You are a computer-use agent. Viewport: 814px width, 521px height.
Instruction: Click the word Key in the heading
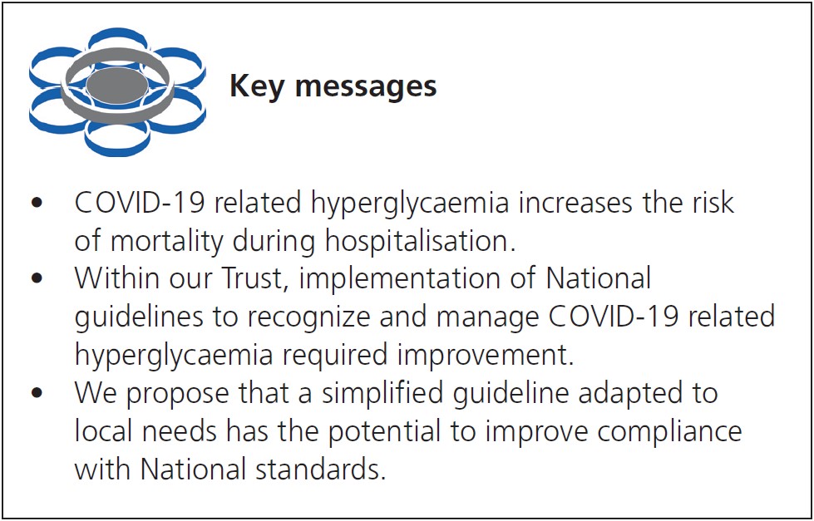[257, 86]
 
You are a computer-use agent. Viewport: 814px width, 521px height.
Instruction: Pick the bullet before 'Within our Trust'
[37, 279]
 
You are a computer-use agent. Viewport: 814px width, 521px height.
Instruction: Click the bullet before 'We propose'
[37, 393]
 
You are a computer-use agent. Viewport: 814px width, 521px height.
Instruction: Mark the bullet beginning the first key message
[37, 203]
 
